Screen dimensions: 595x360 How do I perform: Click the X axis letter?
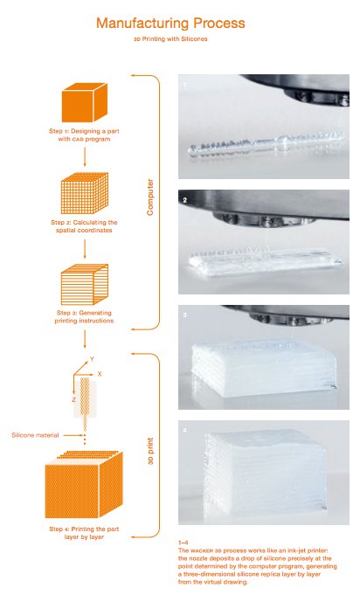tap(100, 373)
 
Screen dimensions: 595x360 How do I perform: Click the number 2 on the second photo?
tap(185, 200)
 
